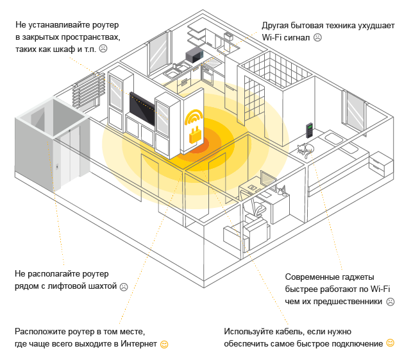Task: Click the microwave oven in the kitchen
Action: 194,55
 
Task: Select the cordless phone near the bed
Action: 309,130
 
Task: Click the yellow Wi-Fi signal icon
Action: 194,117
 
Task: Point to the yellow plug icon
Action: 196,135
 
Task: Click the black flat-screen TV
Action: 142,108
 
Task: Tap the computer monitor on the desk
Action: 268,180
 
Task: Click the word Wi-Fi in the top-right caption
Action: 271,37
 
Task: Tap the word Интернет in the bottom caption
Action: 138,343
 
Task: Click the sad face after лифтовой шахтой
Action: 124,287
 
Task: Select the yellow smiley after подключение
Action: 390,343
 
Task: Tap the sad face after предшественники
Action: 390,302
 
